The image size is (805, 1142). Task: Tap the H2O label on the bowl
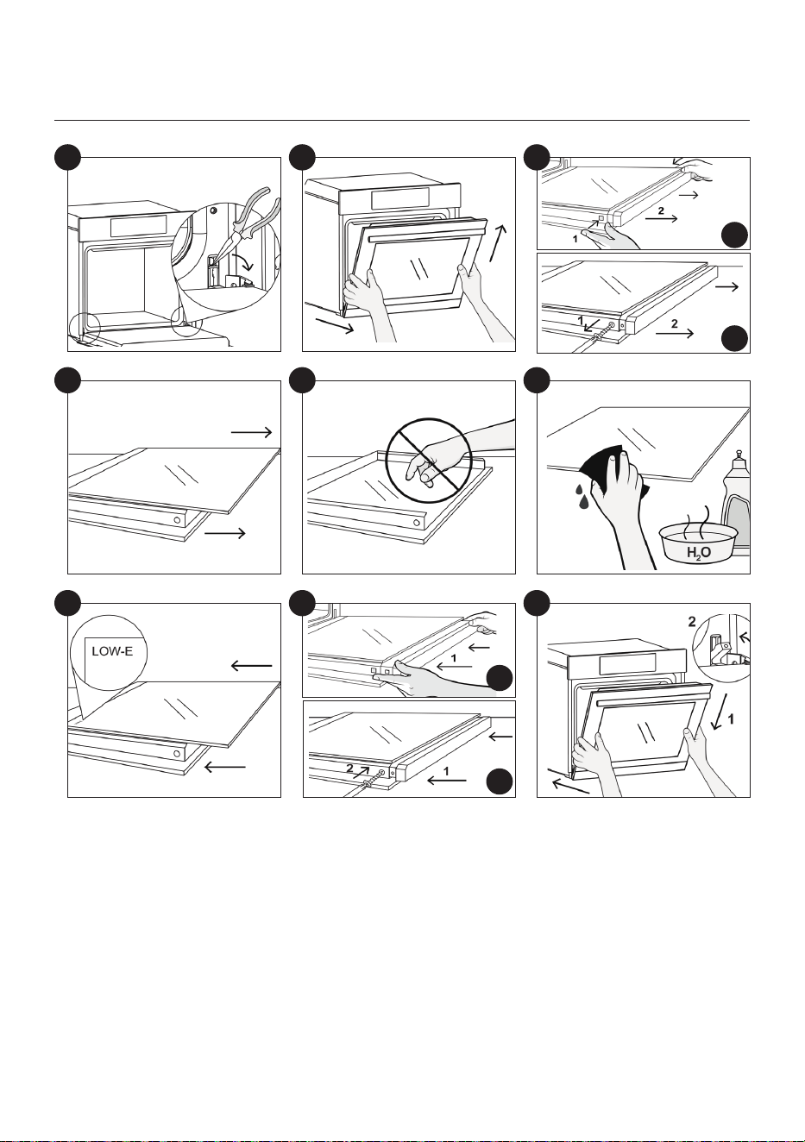click(698, 552)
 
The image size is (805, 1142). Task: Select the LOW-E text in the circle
click(112, 651)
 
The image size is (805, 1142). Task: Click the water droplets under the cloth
click(582, 495)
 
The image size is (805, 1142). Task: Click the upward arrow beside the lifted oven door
click(498, 242)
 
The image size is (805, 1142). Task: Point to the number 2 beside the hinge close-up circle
click(692, 622)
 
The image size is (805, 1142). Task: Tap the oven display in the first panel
click(138, 225)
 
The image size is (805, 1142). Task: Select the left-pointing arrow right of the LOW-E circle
click(251, 665)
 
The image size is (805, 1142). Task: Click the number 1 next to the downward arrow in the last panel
click(731, 719)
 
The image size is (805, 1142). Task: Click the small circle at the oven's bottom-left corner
click(85, 327)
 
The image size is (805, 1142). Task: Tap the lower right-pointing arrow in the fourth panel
click(224, 533)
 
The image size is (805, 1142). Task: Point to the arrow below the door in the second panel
click(334, 326)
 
